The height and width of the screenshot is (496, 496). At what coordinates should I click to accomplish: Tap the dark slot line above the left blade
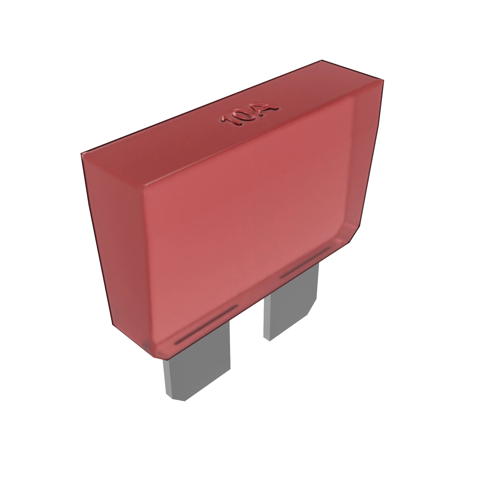[207, 325]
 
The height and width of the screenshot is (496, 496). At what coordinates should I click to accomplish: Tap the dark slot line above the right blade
[305, 262]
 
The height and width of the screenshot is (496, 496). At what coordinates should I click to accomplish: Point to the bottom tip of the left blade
[178, 400]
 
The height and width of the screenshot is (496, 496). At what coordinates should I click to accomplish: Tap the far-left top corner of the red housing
[81, 154]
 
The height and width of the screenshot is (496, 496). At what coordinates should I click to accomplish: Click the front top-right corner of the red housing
[383, 80]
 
